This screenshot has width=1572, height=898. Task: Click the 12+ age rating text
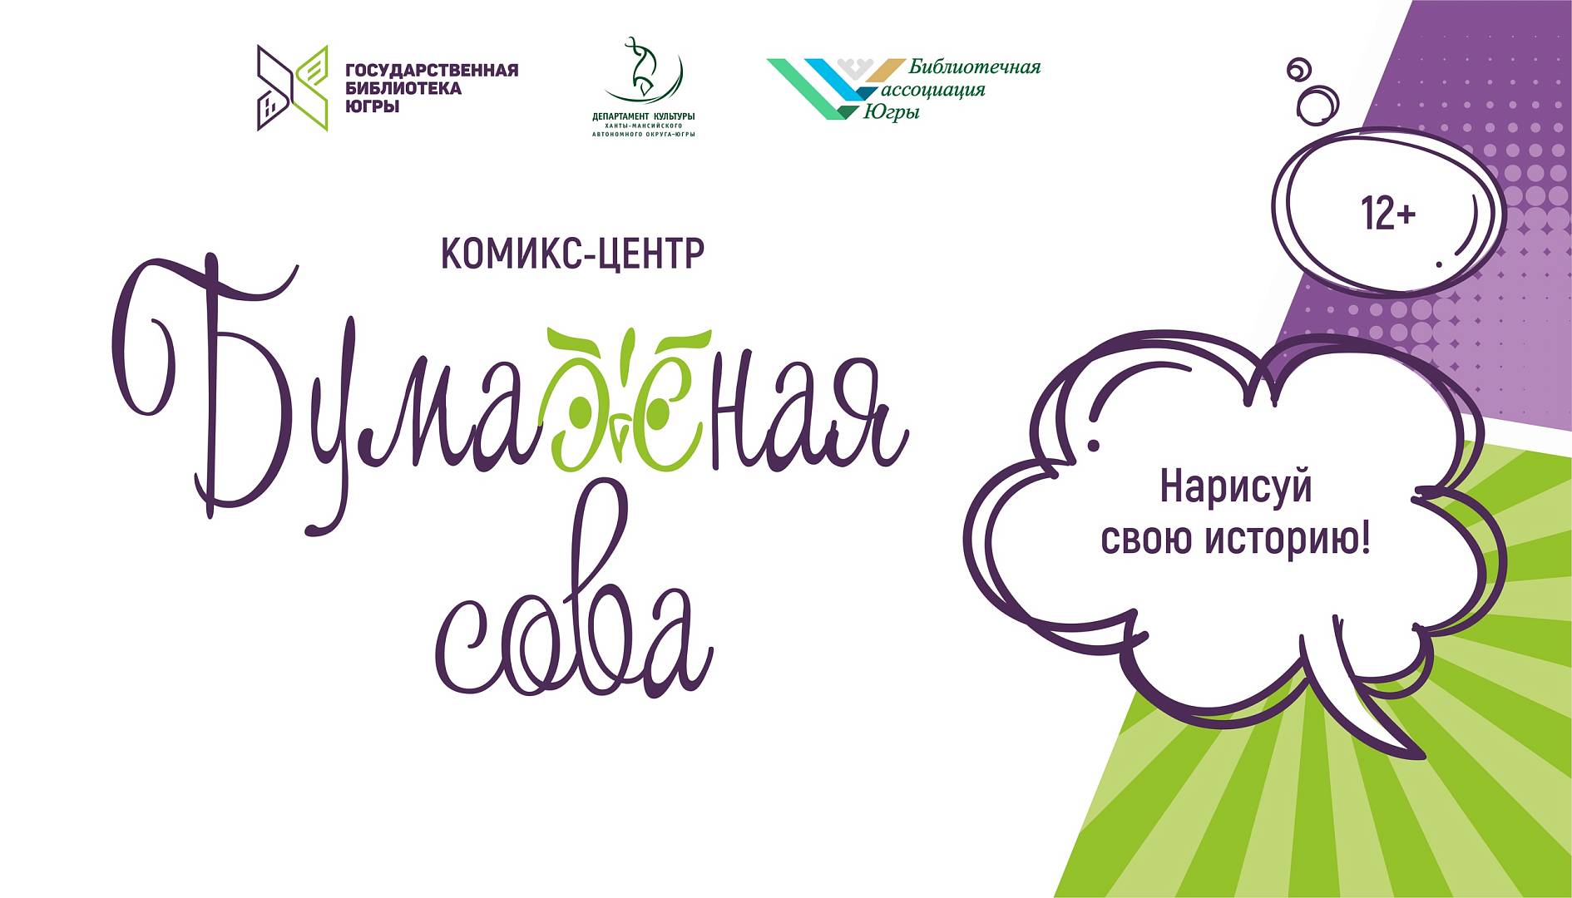(x=1388, y=214)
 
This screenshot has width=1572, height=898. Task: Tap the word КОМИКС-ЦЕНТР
(x=572, y=254)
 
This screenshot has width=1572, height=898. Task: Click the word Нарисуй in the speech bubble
(x=1235, y=486)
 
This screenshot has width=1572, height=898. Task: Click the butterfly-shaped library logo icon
(x=292, y=88)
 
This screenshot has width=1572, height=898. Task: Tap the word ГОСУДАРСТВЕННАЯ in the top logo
(x=432, y=70)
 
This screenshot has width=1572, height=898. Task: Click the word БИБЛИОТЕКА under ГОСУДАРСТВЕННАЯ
(x=403, y=88)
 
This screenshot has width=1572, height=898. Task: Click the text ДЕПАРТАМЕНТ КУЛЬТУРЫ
(x=644, y=116)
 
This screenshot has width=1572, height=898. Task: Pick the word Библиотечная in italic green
(x=974, y=67)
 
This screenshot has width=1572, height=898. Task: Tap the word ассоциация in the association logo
(x=932, y=90)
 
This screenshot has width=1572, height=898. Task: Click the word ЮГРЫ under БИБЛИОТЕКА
(x=373, y=106)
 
